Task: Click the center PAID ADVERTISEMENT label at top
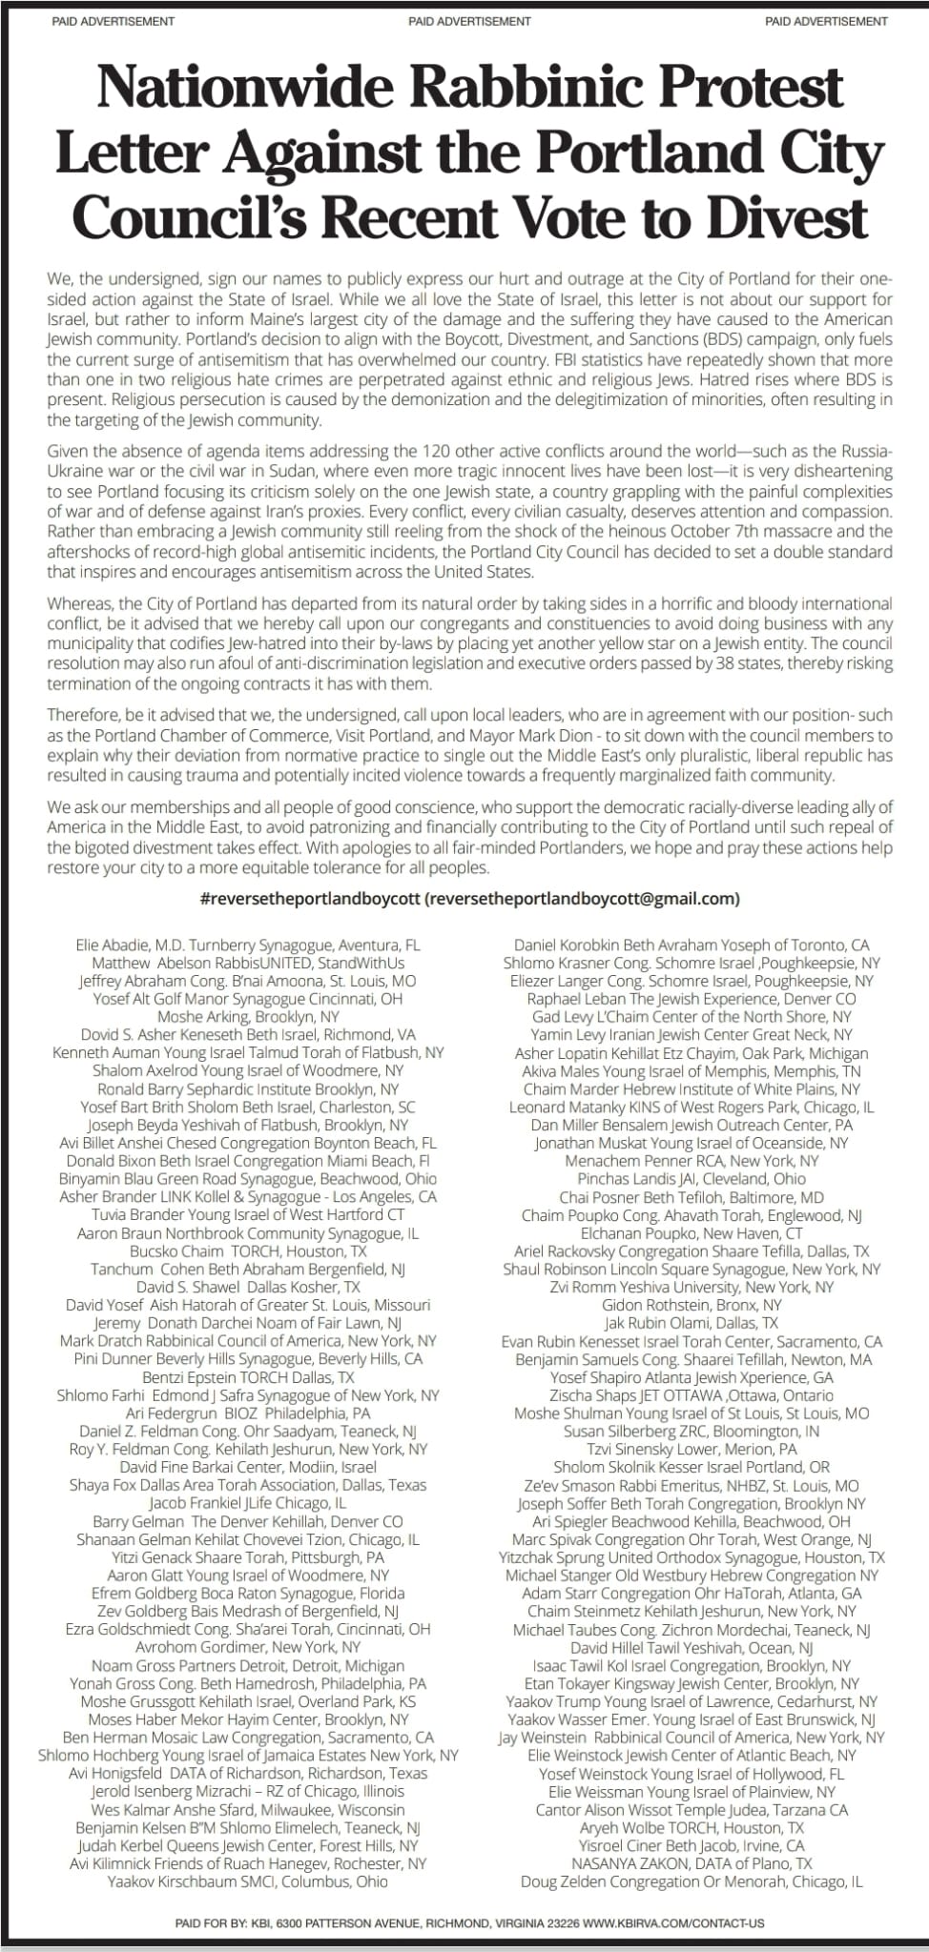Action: point(469,21)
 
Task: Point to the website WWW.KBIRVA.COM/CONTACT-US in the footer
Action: point(673,1923)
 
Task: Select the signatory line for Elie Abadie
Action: point(248,945)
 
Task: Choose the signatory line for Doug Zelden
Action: point(692,1881)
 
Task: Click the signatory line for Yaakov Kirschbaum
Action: point(248,1881)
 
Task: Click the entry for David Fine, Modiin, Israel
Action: point(248,1467)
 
